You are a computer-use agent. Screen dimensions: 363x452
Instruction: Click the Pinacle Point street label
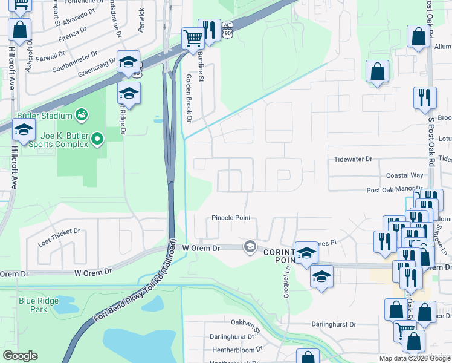(x=231, y=218)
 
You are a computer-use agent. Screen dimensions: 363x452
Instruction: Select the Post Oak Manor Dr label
(x=394, y=189)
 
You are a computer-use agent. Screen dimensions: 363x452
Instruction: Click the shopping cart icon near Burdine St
(x=192, y=39)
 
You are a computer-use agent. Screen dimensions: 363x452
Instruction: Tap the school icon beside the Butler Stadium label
(x=24, y=130)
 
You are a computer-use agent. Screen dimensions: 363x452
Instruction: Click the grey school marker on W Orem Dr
(x=249, y=246)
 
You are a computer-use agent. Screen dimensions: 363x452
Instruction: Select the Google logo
(x=20, y=356)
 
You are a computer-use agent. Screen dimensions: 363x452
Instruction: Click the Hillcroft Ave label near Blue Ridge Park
(x=13, y=177)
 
